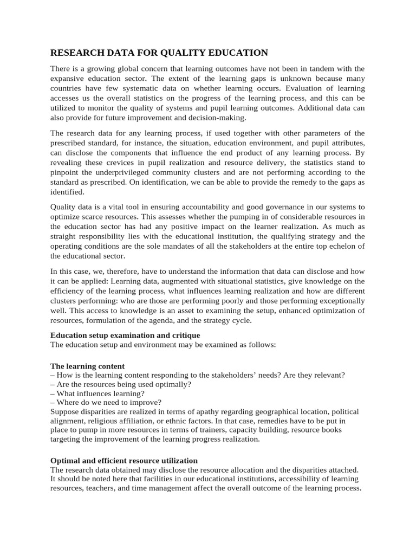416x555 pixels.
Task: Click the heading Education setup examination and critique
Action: point(125,335)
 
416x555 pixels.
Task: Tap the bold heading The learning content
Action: point(87,366)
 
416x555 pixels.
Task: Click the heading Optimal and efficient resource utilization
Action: point(124,460)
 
